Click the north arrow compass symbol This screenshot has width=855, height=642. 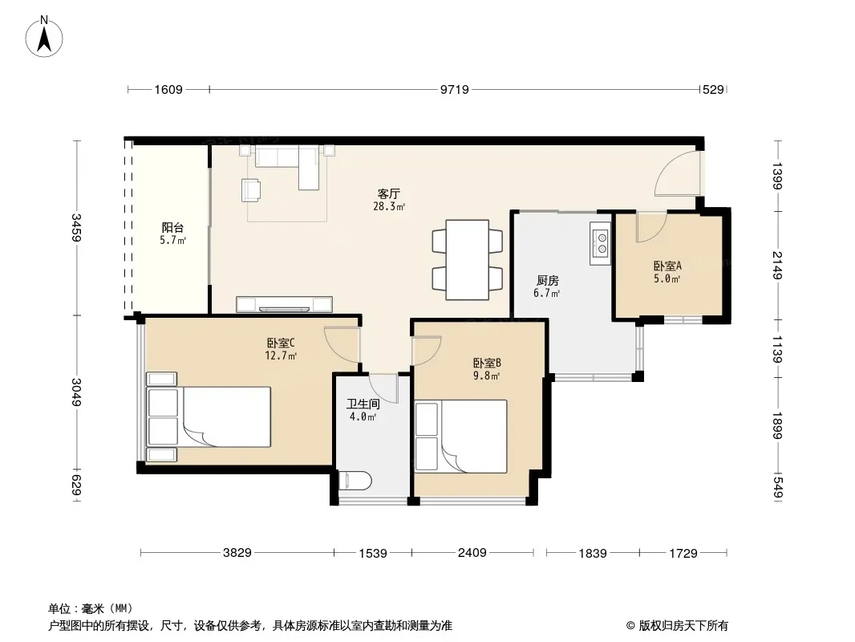pos(44,37)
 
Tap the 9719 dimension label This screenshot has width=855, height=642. pos(454,89)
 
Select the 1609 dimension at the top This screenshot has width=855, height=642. pos(168,89)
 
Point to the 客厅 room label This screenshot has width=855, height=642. pos(389,193)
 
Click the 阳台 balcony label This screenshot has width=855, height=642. pos(172,227)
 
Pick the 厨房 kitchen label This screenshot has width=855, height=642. pos(548,280)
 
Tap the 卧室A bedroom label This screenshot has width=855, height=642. pos(667,266)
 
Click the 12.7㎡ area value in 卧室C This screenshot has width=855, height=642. pos(281,356)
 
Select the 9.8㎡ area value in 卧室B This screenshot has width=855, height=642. pos(486,376)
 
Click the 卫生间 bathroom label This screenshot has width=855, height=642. pos(363,404)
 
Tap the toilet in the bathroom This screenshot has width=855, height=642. pos(355,481)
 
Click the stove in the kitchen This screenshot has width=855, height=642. pos(601,243)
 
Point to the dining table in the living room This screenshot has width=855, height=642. pos(468,260)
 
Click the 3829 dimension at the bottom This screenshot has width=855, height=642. pos(237,553)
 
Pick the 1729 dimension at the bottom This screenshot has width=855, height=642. pos(683,553)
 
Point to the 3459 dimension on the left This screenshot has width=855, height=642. pos(77,228)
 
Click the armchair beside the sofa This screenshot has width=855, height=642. pos(251,189)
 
